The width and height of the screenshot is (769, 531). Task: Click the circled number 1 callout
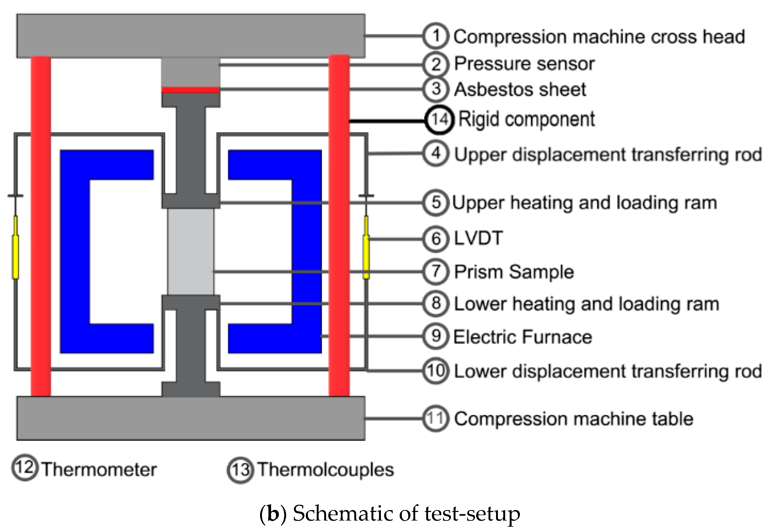(x=436, y=36)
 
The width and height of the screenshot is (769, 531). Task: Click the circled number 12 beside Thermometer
(x=25, y=469)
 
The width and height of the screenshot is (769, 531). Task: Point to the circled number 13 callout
(x=240, y=470)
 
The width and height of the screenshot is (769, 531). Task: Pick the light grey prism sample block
(x=191, y=252)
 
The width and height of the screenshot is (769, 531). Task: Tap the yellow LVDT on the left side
(x=15, y=247)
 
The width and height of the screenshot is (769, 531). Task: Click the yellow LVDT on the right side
(x=366, y=247)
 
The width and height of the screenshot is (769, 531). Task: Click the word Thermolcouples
(x=326, y=470)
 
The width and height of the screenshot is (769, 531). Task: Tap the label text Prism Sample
(x=514, y=272)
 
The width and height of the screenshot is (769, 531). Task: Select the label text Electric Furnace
(x=523, y=337)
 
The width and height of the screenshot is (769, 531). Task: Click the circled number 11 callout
(x=436, y=418)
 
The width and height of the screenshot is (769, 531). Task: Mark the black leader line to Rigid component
(x=387, y=121)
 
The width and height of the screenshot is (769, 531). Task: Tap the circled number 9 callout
(x=436, y=336)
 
